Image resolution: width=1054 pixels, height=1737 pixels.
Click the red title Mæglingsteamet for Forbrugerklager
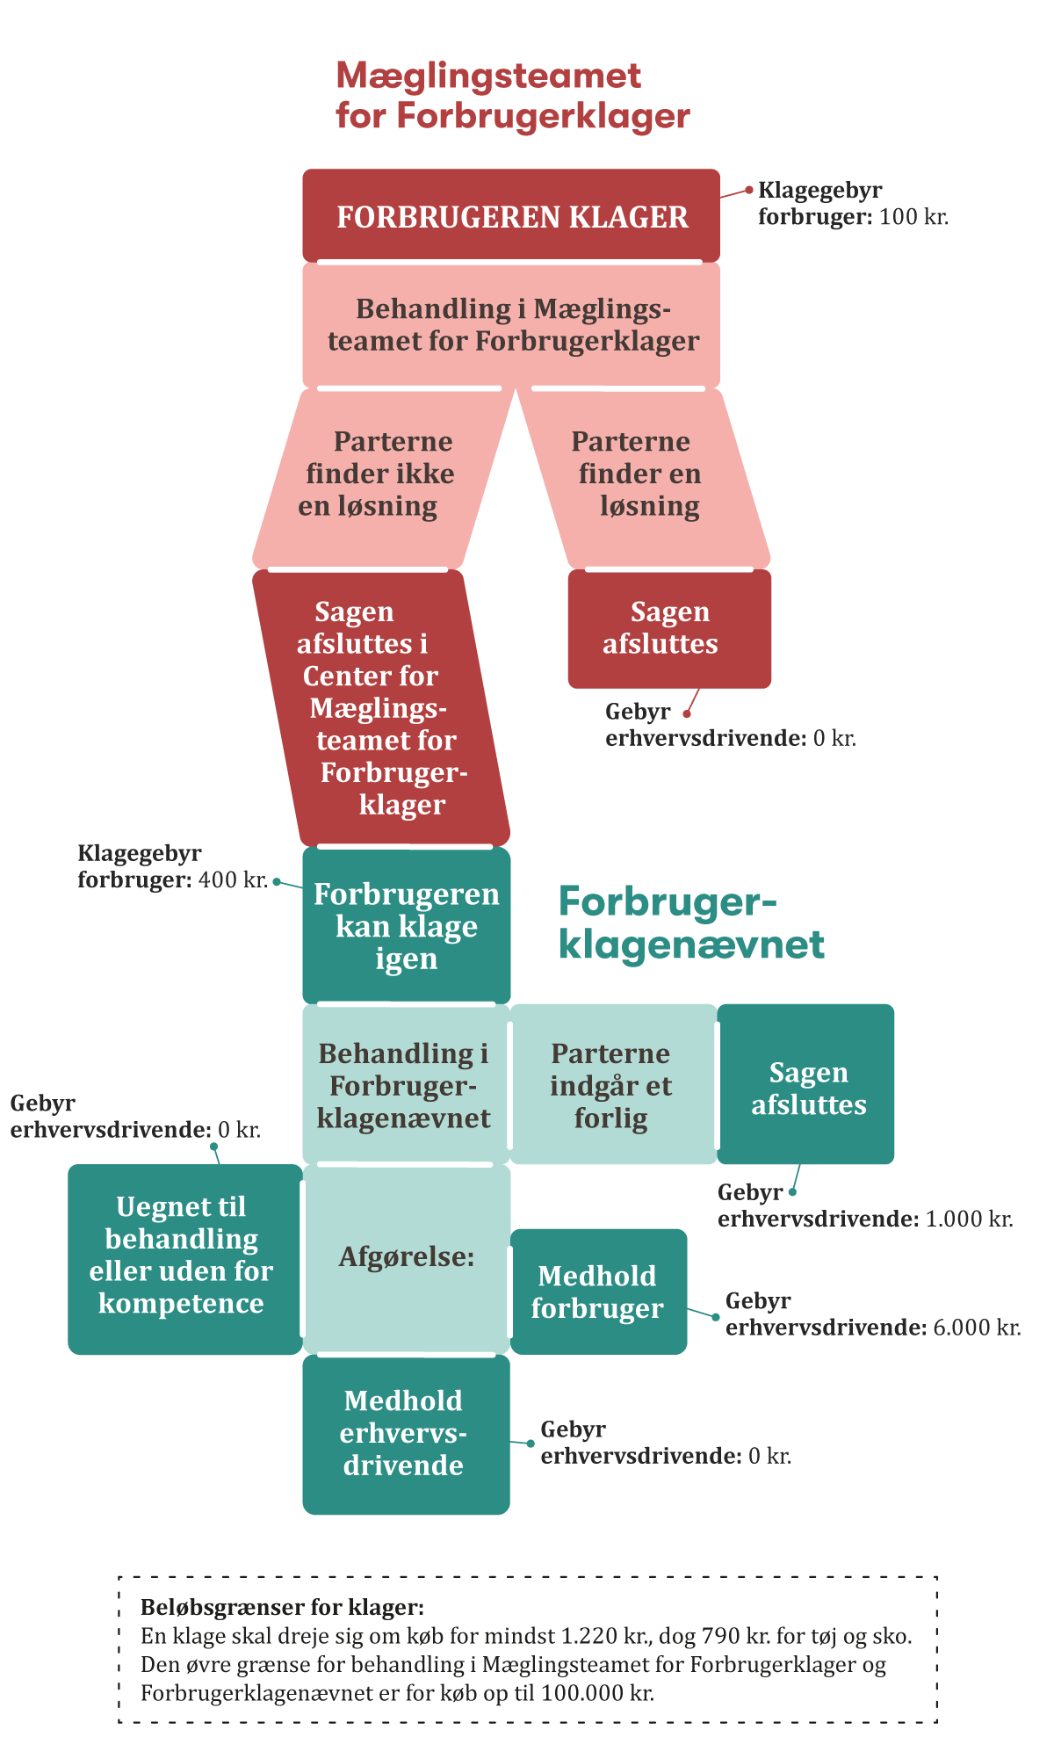pos(512,96)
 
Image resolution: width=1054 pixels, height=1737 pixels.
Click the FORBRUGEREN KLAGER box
pos(511,216)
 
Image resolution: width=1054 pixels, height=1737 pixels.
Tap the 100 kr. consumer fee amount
pos(913,217)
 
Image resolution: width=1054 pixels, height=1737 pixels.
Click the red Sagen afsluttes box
pos(669,628)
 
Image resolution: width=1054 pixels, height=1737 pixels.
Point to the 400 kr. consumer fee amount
pos(233,879)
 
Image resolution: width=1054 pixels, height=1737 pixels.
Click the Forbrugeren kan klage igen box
pos(406,925)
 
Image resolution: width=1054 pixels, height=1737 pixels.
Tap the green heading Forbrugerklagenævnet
pos(691,923)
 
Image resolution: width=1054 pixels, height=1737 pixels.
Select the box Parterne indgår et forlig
pos(612,1085)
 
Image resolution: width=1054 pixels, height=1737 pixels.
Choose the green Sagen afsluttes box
pos(807,1088)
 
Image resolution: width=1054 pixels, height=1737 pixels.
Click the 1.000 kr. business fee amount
pos(969,1220)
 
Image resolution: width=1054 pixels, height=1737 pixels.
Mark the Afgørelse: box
pos(406,1257)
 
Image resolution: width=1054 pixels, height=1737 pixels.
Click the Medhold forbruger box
pos(598,1292)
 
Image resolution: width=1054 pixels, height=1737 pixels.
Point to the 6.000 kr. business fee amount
pos(976,1328)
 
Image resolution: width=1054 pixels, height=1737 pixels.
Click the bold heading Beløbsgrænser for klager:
pos(282,1607)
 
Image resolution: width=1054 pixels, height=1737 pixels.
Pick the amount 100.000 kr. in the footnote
pos(597,1693)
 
